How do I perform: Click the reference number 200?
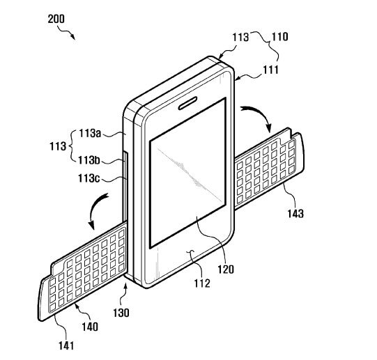(x=56, y=19)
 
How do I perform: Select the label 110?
(x=280, y=37)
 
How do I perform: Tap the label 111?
(x=270, y=70)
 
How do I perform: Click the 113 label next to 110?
(x=240, y=37)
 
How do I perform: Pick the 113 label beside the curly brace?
(x=58, y=146)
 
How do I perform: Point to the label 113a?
(x=90, y=134)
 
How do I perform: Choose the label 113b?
(x=89, y=160)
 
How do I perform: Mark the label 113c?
(x=89, y=178)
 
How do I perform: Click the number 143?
(x=295, y=214)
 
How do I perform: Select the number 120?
(x=226, y=269)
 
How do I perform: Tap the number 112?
(x=202, y=283)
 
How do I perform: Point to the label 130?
(x=121, y=313)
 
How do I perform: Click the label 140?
(x=90, y=327)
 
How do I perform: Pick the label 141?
(x=66, y=346)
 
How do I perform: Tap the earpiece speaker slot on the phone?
(x=187, y=103)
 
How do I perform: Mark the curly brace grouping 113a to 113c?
(x=71, y=146)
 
